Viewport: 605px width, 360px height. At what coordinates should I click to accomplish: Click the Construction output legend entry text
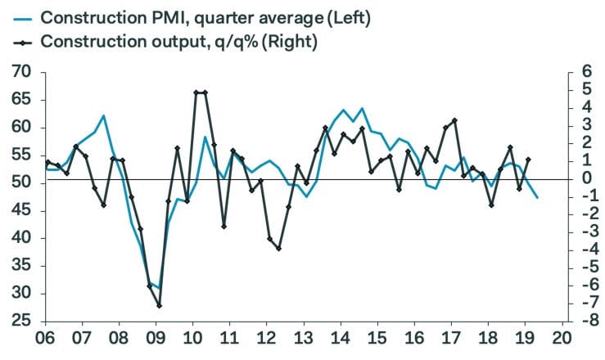pyautogui.click(x=181, y=41)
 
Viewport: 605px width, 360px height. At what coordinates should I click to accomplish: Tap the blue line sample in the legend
pyautogui.click(x=18, y=17)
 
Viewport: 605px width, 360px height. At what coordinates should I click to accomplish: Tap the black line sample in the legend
pyautogui.click(x=18, y=41)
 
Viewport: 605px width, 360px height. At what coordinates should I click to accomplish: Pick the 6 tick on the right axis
pyautogui.click(x=586, y=73)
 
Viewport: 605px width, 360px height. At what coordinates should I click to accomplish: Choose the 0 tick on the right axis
pyautogui.click(x=586, y=179)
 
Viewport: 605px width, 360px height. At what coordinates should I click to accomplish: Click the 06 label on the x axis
pyautogui.click(x=46, y=339)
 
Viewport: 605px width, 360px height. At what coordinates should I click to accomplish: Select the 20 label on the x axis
pyautogui.click(x=562, y=339)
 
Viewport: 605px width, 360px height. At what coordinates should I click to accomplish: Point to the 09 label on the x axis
pyautogui.click(x=156, y=339)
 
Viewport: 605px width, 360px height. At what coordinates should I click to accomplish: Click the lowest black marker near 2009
pyautogui.click(x=160, y=305)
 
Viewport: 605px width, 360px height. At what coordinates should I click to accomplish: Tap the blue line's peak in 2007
pyautogui.click(x=104, y=115)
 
